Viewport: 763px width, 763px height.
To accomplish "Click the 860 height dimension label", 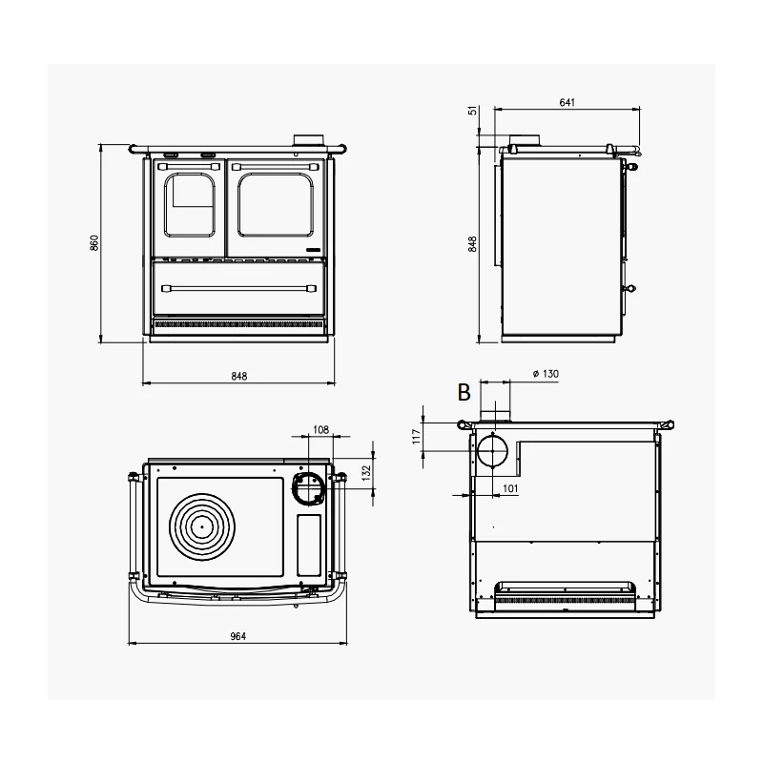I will pos(93,244).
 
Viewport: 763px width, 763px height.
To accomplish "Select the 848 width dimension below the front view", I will pos(238,377).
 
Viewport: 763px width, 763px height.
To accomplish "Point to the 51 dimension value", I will pos(471,112).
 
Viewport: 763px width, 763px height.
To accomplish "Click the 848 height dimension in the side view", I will pos(472,244).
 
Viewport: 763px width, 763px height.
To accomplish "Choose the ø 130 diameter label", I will pos(543,374).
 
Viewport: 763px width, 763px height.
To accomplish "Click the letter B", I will pos(464,391).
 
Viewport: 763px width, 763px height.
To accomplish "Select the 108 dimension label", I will pos(320,430).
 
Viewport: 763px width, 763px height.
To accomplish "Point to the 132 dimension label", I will pos(365,473).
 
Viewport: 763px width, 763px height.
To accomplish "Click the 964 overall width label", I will pos(237,636).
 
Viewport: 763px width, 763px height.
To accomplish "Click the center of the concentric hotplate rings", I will pos(202,526).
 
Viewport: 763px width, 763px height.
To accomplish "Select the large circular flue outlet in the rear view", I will pos(493,451).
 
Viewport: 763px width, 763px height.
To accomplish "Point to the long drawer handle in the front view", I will pos(238,285).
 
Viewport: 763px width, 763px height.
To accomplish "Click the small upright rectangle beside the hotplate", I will pos(309,545).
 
